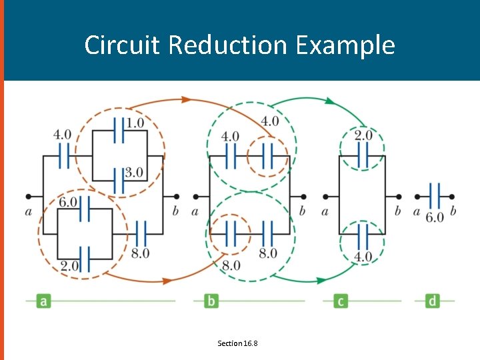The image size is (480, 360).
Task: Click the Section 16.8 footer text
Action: (237, 343)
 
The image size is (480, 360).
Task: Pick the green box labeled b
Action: (211, 301)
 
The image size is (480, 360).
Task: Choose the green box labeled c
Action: (341, 301)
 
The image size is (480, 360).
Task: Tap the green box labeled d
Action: (433, 301)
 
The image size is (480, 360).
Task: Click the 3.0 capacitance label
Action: (133, 172)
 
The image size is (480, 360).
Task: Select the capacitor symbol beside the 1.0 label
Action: (118, 131)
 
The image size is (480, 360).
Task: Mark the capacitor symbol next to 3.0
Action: (118, 181)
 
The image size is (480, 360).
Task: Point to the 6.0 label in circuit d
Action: (434, 217)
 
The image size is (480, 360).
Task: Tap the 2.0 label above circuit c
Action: (363, 135)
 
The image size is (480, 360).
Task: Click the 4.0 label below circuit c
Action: (363, 256)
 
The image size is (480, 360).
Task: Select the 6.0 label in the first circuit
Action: (69, 201)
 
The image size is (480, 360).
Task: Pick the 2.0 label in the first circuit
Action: (69, 265)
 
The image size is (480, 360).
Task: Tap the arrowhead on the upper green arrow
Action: (329, 101)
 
